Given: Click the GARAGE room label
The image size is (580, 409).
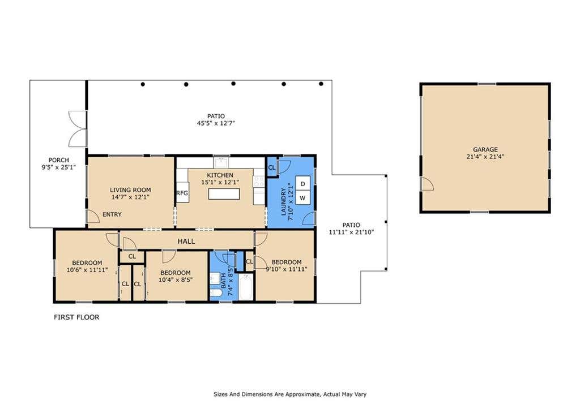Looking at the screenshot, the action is (485, 150).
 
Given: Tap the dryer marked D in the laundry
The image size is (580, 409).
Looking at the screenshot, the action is (302, 184).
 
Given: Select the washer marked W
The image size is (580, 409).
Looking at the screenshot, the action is (302, 197).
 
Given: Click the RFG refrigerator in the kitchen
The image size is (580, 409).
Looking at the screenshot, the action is (182, 192).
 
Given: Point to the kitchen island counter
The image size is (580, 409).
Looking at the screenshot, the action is (224, 193).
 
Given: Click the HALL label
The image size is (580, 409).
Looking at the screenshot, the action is (186, 241).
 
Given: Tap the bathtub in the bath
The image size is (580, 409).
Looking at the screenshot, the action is (246, 287).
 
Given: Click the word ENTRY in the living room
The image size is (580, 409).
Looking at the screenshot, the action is (112, 214).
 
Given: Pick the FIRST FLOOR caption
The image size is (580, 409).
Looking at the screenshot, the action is (76, 317).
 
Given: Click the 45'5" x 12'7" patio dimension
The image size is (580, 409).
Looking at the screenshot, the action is (216, 123).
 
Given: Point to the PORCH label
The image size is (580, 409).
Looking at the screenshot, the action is (59, 160).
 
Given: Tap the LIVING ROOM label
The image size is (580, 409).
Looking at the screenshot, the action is (130, 190).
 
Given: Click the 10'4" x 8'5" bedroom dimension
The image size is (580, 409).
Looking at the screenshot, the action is (176, 279).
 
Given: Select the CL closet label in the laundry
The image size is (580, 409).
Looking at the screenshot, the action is (272, 167).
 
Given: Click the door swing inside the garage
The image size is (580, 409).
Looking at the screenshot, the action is (428, 184).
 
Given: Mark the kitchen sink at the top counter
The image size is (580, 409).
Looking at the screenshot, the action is (221, 162).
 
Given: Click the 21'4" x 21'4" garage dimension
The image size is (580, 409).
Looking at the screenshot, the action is (485, 157).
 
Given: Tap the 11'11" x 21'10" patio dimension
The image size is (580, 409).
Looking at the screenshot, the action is (351, 232).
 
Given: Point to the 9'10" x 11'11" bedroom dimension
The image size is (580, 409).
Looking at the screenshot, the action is (287, 269).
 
